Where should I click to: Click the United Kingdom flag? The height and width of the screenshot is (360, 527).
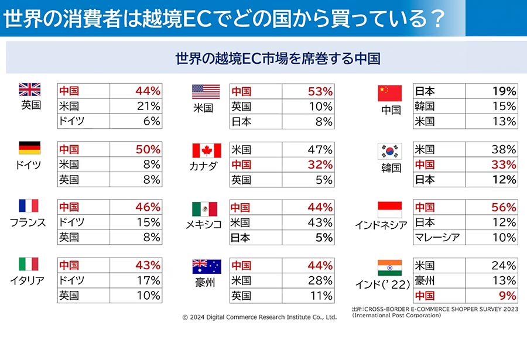click(x=30, y=90)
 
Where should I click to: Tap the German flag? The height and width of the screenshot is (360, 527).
click(x=30, y=148)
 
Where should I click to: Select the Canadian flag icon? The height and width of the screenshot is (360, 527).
click(x=207, y=150)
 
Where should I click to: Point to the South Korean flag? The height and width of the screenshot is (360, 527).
click(x=390, y=151)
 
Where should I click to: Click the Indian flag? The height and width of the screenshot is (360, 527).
click(x=390, y=268)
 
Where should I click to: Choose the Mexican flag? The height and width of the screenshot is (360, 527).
click(x=205, y=209)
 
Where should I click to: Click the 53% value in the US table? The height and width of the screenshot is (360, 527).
click(x=320, y=91)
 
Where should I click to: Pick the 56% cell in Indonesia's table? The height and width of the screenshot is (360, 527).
click(x=504, y=207)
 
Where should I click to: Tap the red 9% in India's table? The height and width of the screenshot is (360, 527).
click(x=508, y=296)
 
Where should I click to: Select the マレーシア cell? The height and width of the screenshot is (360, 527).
click(x=437, y=237)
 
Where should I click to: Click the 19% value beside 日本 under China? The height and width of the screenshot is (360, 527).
click(x=504, y=91)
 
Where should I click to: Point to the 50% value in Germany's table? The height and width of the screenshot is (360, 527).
click(x=148, y=149)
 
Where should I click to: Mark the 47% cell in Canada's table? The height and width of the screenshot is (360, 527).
click(x=320, y=150)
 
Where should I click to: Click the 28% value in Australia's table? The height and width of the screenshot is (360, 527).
click(x=320, y=280)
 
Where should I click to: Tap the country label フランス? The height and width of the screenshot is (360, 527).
click(x=28, y=222)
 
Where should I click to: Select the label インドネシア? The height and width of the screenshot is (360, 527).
click(x=381, y=225)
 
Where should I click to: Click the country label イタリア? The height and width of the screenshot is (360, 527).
click(x=27, y=280)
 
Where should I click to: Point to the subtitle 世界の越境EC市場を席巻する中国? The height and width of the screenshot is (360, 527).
click(x=278, y=59)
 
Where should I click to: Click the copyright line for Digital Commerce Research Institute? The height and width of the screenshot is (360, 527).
click(x=259, y=317)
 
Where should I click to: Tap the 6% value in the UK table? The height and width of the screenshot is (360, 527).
click(x=152, y=121)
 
